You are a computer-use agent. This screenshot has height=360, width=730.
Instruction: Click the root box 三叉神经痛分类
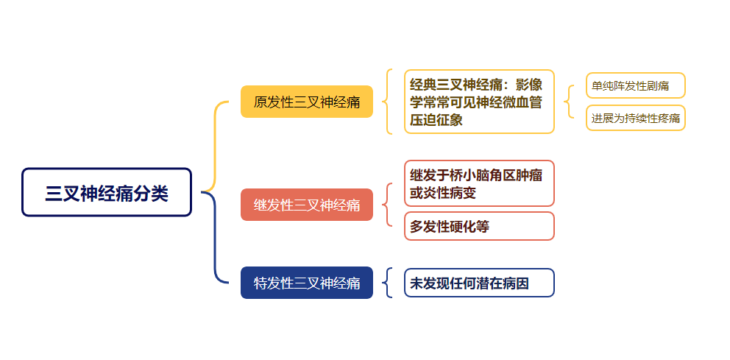[107, 192]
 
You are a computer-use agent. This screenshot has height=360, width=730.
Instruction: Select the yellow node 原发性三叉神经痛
[307, 102]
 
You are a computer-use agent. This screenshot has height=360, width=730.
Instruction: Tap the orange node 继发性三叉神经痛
[307, 205]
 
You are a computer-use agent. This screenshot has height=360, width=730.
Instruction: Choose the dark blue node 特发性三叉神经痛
[307, 283]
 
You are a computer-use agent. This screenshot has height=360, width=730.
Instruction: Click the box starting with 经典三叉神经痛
[479, 102]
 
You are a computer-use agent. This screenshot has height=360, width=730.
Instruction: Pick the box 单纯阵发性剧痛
[636, 85]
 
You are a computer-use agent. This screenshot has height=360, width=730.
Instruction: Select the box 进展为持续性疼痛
[636, 119]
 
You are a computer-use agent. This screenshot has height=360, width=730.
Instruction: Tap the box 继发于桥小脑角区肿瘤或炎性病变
[479, 183]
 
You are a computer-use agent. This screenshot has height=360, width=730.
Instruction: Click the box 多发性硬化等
[479, 226]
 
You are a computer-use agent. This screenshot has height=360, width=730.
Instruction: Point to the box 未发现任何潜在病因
[479, 283]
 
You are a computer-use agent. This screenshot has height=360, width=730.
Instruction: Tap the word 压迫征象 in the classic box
[436, 120]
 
